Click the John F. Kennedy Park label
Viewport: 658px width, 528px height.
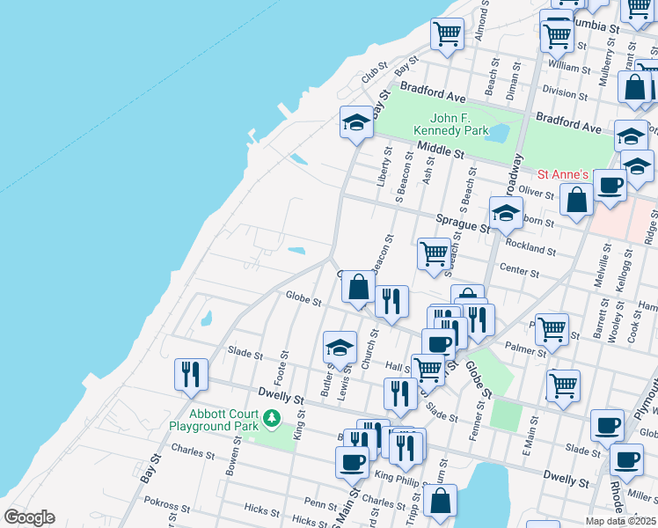[459, 124]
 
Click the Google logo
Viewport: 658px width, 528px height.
[29, 517]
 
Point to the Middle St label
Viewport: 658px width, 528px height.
[441, 150]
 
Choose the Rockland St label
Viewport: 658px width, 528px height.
[531, 250]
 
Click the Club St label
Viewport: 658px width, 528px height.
[375, 75]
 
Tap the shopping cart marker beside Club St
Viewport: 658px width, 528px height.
[447, 34]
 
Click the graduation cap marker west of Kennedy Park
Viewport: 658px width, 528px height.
[356, 122]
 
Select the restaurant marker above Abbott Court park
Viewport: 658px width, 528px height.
[191, 374]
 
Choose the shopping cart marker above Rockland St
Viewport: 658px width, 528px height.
[435, 253]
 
